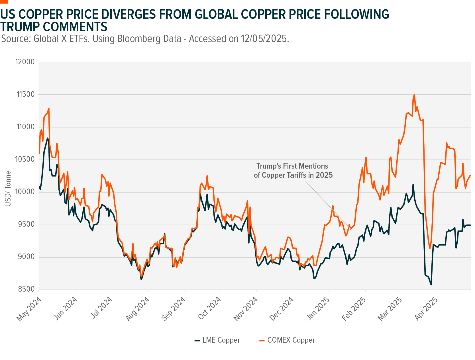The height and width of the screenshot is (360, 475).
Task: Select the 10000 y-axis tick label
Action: point(25,192)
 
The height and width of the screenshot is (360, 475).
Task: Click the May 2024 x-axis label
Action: point(29,309)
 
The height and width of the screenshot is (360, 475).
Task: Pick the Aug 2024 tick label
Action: point(138,309)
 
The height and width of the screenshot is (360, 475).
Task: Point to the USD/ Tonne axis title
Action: point(8,189)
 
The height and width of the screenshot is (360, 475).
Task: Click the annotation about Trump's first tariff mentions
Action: point(293,170)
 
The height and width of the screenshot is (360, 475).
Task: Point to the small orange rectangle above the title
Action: point(4,2)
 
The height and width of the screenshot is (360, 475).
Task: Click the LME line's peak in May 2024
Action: point(48,138)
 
